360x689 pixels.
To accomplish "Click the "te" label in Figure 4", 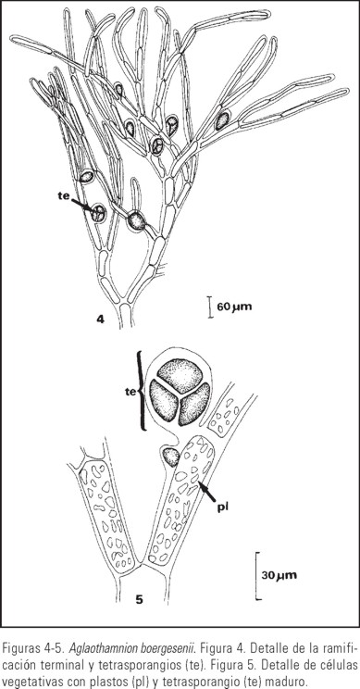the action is [64, 196].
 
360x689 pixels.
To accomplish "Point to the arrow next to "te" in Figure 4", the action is [84, 206].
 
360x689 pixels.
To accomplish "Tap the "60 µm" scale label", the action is [235, 307].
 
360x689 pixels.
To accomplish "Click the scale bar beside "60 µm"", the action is [210, 307].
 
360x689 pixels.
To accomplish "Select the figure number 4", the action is [101, 319].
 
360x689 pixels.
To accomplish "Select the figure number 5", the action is [139, 598].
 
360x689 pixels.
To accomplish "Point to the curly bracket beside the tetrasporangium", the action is [142, 390].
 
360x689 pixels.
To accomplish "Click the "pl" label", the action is [224, 507].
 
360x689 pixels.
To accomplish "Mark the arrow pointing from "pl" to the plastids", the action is [206, 491].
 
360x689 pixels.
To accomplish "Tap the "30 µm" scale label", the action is [279, 575].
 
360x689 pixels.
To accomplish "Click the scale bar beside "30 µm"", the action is [257, 576].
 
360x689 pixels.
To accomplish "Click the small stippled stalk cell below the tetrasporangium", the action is [170, 457].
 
